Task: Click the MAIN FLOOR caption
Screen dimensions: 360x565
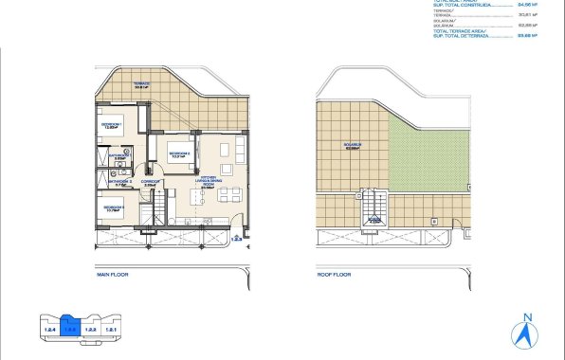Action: coord(112,275)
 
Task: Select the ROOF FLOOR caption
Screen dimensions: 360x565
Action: coord(334,275)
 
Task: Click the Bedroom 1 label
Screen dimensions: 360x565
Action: coord(112,123)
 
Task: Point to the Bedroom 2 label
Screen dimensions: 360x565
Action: coord(179,154)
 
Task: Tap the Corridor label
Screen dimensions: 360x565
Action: coord(149,183)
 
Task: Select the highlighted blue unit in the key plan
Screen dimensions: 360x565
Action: coord(68,328)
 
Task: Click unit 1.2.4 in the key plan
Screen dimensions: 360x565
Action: coord(48,330)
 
